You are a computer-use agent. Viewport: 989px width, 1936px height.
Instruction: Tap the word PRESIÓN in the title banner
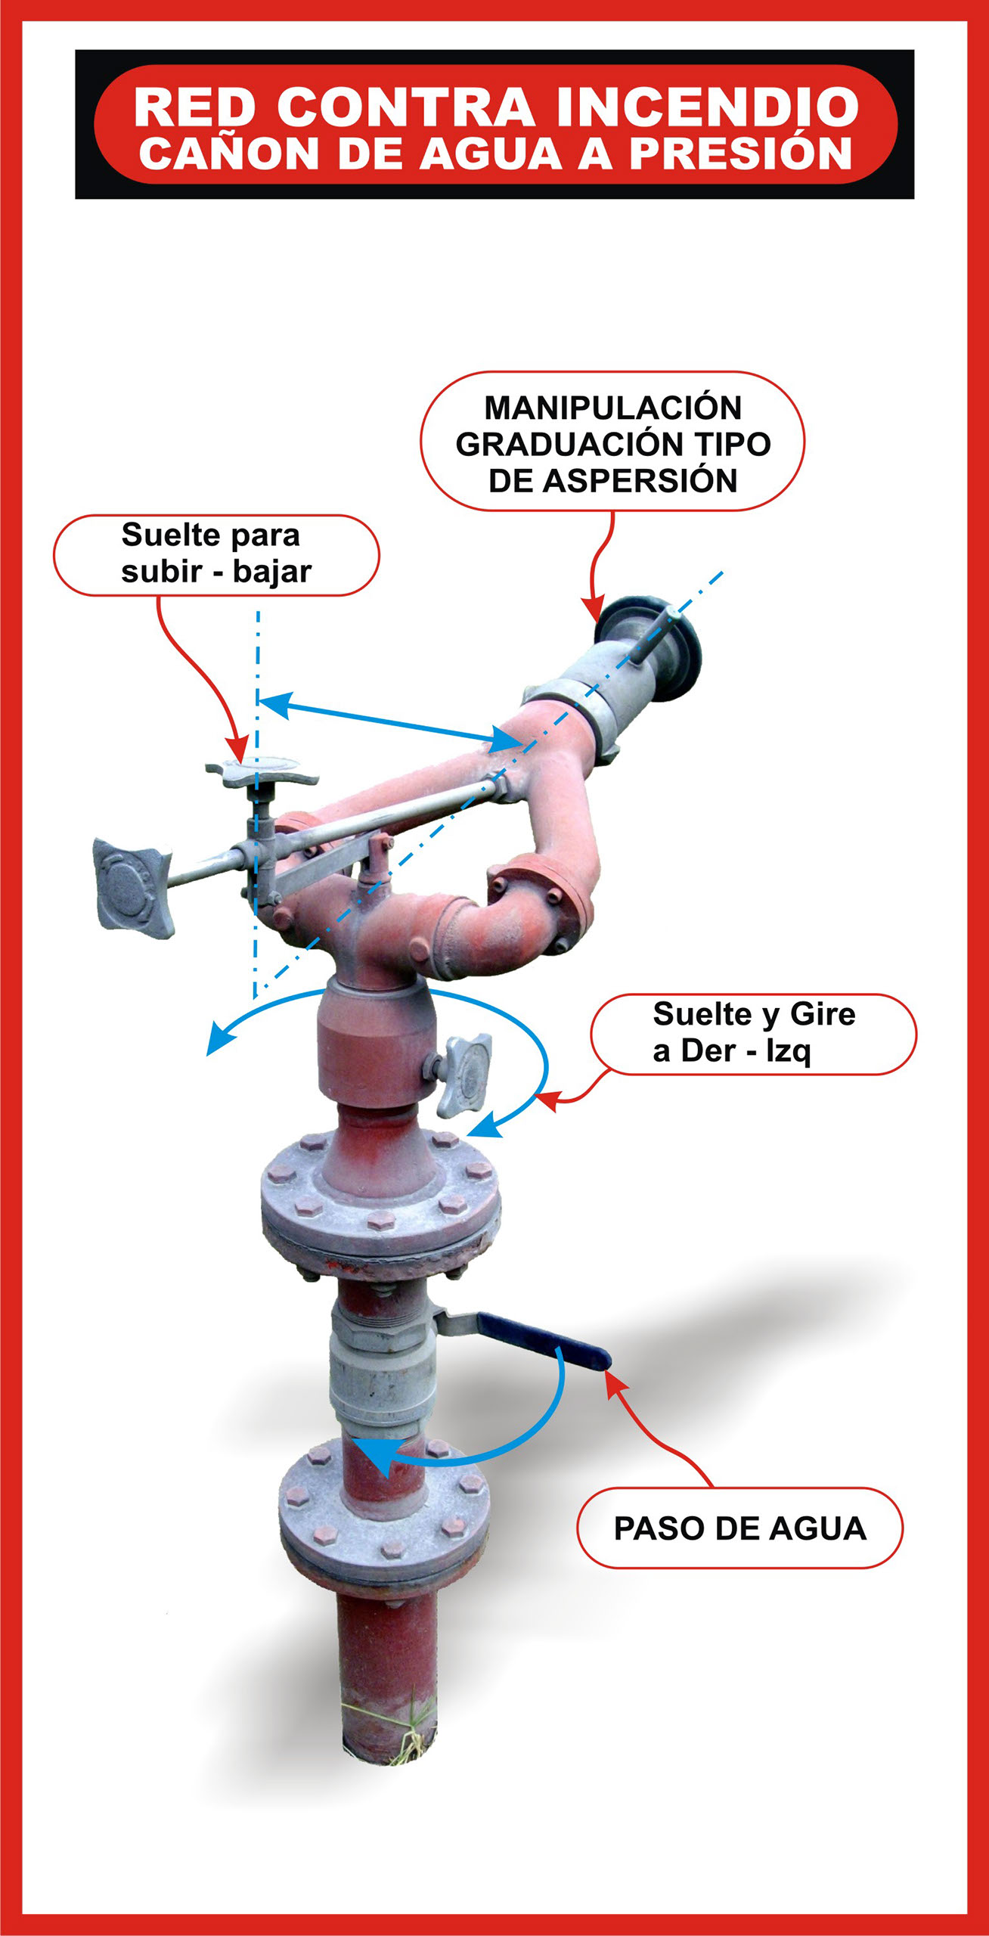[x=741, y=154]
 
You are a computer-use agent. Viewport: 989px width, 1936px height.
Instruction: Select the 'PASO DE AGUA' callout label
[x=739, y=1528]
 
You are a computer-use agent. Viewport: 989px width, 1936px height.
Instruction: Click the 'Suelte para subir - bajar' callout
[x=216, y=554]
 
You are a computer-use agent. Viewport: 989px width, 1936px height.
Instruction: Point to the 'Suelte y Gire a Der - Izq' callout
[x=753, y=1034]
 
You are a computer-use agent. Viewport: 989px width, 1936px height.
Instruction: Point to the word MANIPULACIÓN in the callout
[x=613, y=408]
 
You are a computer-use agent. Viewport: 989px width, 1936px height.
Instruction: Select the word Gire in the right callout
[x=823, y=1014]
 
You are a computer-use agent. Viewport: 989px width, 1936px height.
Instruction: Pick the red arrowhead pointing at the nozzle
[x=592, y=608]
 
